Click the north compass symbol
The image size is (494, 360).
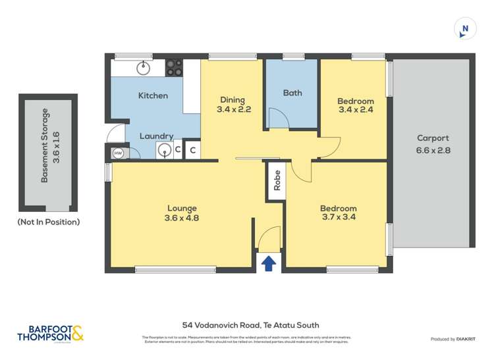(x=466, y=29)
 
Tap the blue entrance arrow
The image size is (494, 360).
(x=269, y=264)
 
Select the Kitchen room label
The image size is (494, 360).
(x=153, y=96)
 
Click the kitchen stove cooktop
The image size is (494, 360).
(x=174, y=68)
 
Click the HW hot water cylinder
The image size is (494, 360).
(x=119, y=153)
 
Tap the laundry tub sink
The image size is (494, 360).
(x=163, y=151)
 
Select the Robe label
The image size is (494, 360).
(x=277, y=180)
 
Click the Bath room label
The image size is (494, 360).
(x=292, y=93)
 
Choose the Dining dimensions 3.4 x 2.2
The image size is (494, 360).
(x=233, y=110)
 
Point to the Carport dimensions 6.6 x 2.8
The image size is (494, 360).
(x=433, y=149)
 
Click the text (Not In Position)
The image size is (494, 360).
(x=48, y=222)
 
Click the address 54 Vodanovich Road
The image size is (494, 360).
(x=250, y=324)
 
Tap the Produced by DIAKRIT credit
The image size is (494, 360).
(x=453, y=339)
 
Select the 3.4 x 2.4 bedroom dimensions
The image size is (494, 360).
(x=355, y=110)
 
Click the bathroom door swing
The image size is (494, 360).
(x=277, y=118)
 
